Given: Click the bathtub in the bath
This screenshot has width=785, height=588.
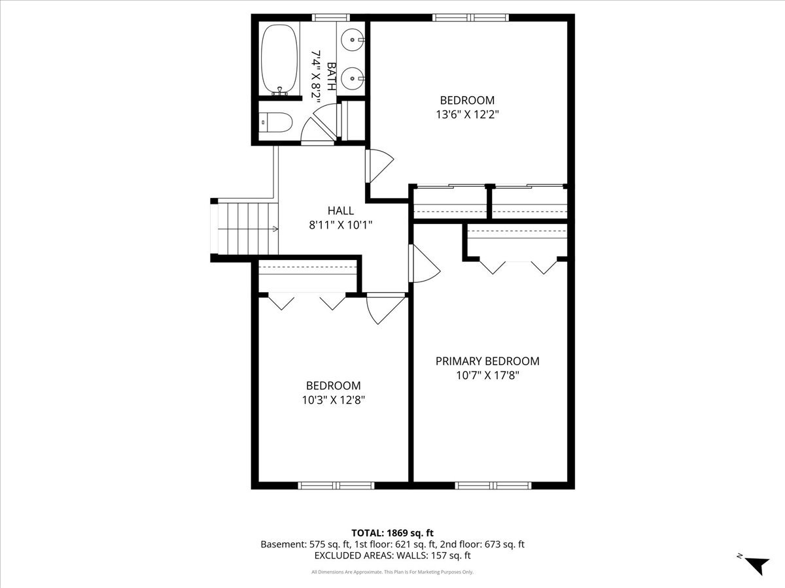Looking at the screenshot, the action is tap(279, 59).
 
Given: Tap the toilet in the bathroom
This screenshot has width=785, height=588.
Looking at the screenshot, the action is tap(275, 122).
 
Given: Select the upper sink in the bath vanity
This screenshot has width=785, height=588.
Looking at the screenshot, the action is tap(352, 40).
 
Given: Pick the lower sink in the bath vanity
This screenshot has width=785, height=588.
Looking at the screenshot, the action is tap(352, 78).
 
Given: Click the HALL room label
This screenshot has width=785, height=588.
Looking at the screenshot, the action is tap(341, 210).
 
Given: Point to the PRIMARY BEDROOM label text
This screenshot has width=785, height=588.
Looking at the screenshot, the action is tap(487, 361).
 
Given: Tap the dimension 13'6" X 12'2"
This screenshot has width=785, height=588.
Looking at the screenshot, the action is tap(468, 114).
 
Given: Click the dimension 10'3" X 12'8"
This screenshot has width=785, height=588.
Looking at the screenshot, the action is tap(334, 400).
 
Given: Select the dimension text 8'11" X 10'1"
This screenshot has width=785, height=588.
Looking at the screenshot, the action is tap(341, 225).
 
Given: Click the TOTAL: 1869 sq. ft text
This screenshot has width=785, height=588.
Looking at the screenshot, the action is tap(392, 533).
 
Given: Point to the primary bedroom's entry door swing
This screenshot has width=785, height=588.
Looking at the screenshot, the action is tap(425, 264).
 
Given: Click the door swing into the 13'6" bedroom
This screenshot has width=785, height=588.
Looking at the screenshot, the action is tap(379, 166).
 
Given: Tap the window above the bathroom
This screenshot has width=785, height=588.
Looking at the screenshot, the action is tap(331, 17).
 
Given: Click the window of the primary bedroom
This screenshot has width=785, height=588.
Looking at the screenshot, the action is tap(493, 485).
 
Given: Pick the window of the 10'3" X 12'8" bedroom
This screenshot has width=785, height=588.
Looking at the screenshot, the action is tap(336, 485).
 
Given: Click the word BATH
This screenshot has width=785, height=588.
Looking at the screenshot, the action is tap(332, 76).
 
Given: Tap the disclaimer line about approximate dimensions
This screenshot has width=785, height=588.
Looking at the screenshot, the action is tap(392, 572).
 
